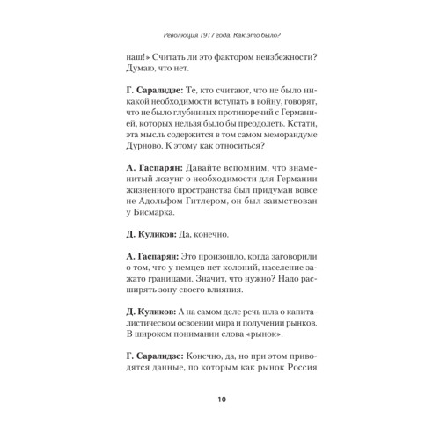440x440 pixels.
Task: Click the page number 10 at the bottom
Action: (220, 400)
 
